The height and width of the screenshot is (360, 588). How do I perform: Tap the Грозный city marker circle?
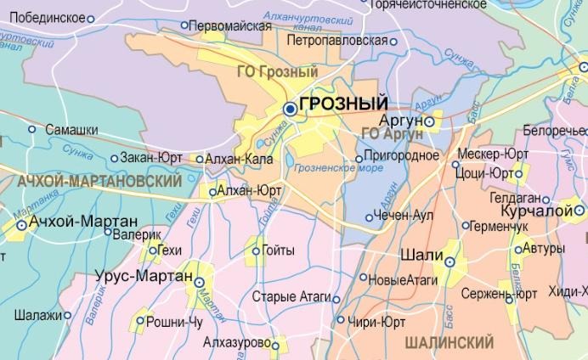point(290,109)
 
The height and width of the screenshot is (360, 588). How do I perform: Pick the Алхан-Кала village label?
point(240,158)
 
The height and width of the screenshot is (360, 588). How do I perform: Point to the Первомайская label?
point(231,25)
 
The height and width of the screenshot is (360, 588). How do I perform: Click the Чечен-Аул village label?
point(405,216)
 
